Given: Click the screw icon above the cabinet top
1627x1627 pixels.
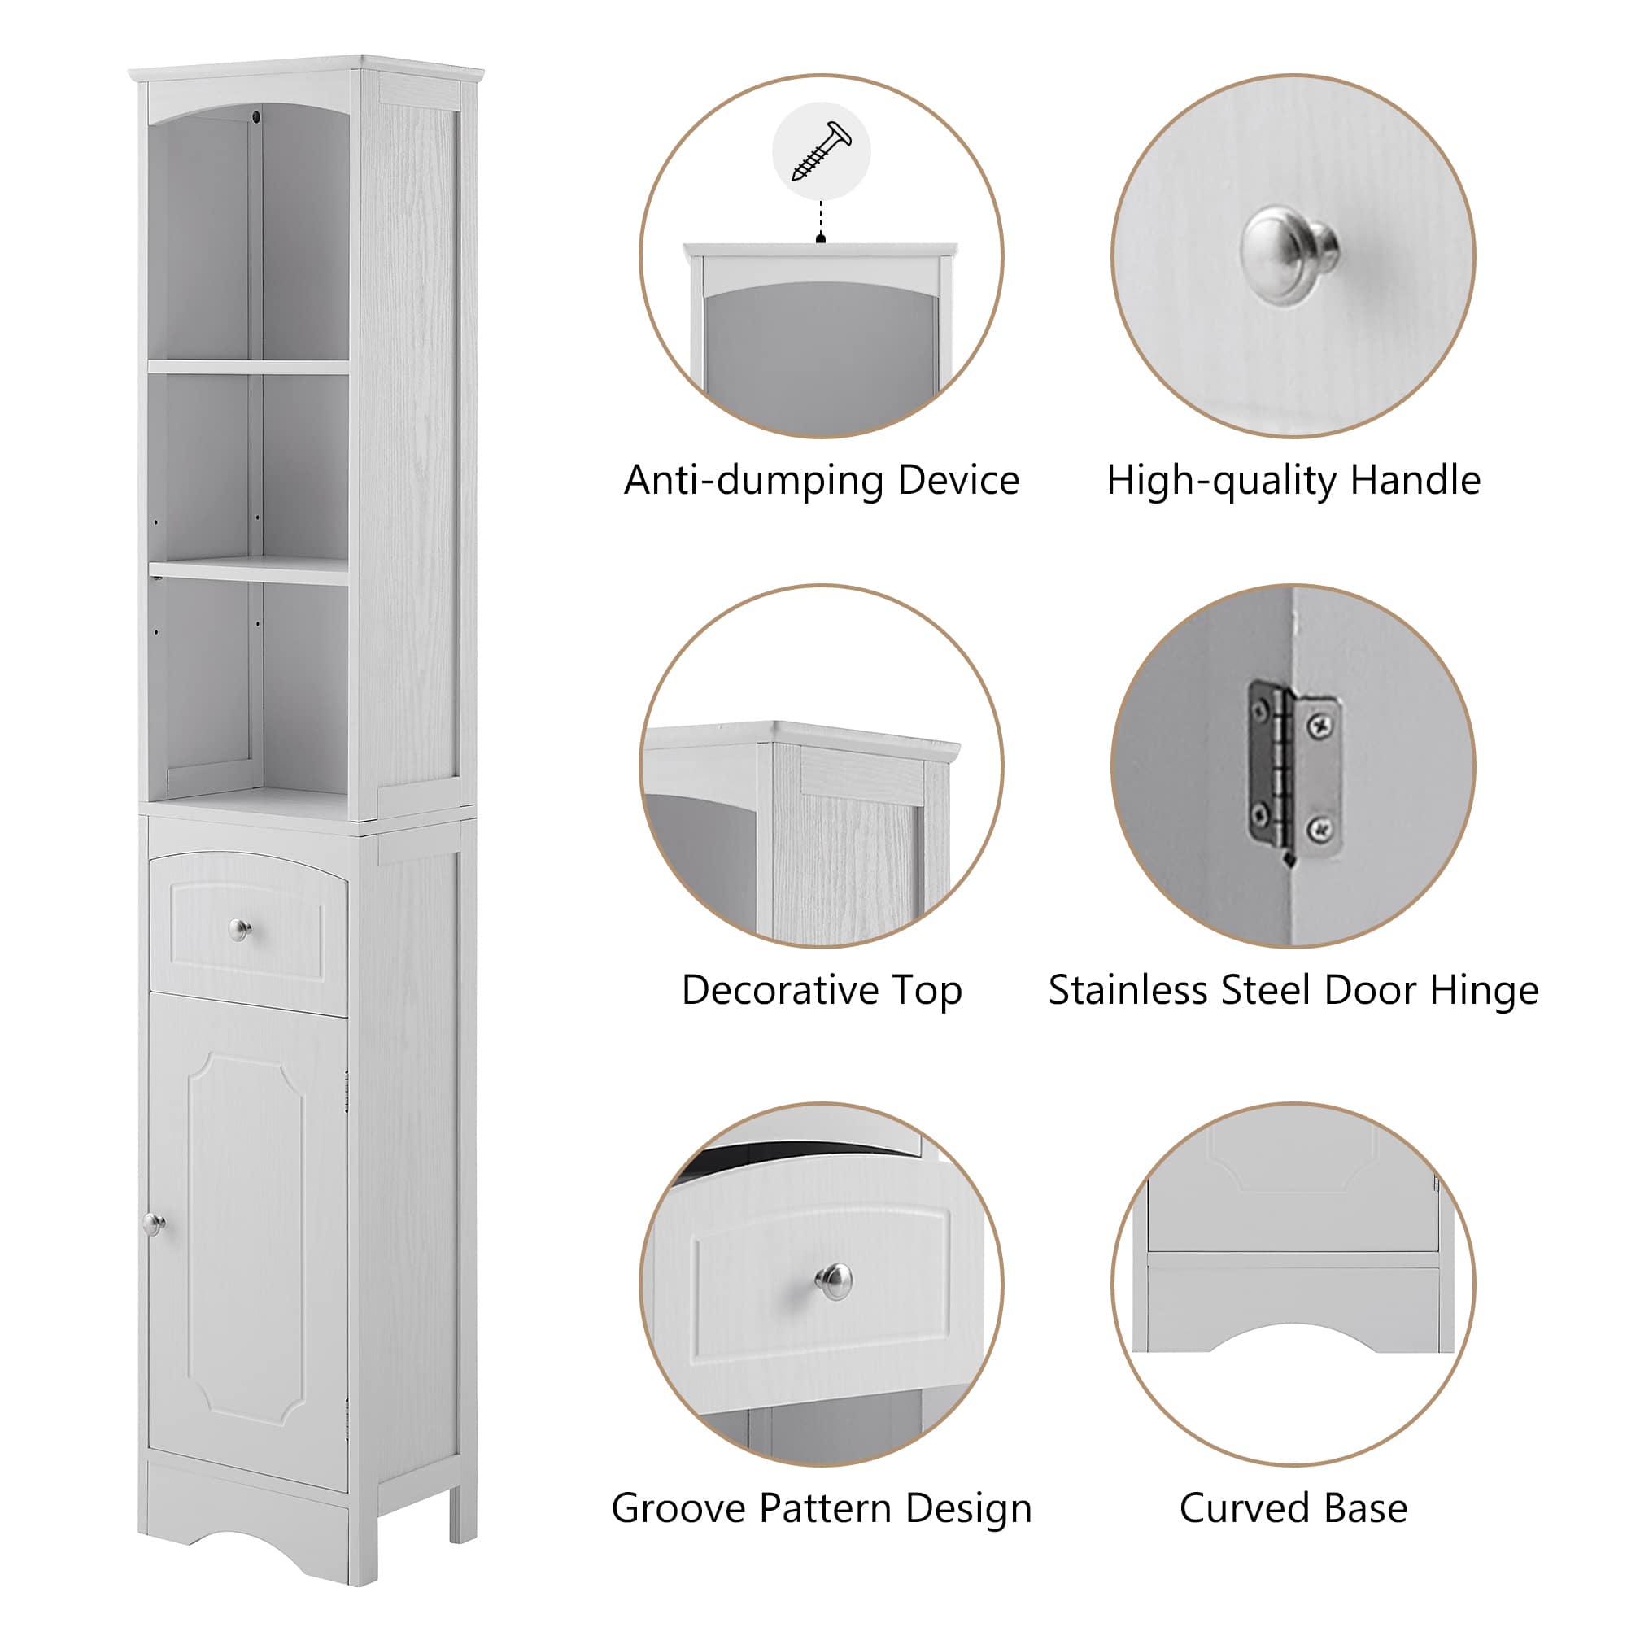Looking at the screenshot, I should [821, 151].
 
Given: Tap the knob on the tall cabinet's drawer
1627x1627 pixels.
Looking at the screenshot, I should [240, 930].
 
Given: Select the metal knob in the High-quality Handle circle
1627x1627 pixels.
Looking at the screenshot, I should [1289, 255].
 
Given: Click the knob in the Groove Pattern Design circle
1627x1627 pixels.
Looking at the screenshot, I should [834, 1281].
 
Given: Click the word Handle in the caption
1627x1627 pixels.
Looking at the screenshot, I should [1415, 481].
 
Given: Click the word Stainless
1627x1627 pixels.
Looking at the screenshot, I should [1128, 990].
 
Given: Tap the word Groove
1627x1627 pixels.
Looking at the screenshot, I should [678, 1508].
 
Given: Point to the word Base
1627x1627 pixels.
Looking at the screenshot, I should [1366, 1508].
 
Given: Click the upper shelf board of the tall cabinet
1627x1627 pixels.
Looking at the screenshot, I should [249, 367].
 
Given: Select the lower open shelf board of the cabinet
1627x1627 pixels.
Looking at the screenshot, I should [249, 570].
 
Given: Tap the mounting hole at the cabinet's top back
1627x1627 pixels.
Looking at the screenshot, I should [257, 116].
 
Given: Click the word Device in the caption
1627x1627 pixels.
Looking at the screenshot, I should [958, 481].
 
